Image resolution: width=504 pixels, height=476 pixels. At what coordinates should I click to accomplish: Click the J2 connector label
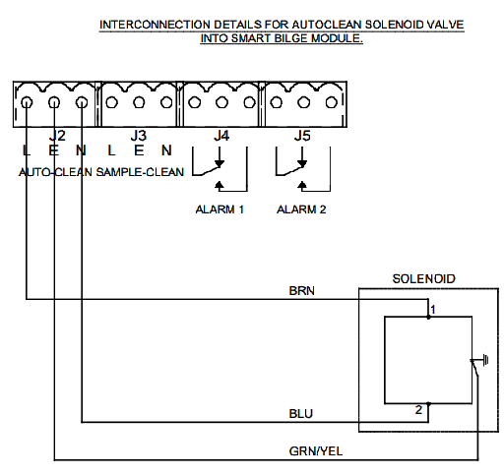point(57,134)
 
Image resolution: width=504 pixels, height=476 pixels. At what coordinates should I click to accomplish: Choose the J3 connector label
point(140,134)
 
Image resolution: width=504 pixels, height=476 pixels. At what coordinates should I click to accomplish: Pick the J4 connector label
point(221,134)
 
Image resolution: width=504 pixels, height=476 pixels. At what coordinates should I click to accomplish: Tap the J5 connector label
point(302,134)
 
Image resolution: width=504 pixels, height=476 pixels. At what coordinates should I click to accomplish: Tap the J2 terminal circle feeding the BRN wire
point(28,102)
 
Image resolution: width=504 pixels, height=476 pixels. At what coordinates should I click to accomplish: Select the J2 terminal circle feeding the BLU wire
point(82,102)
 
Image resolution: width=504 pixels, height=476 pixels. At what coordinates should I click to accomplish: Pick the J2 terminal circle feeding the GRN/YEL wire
point(54,102)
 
